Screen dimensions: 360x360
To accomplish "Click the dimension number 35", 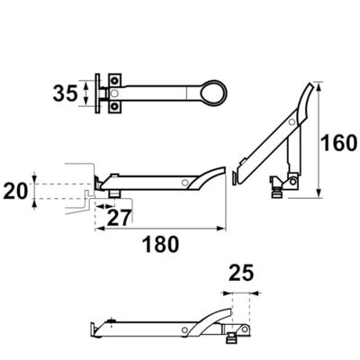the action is tap(65, 94).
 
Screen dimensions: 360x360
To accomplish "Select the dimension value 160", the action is tap(338, 143).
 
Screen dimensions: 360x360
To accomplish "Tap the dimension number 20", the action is tap(15, 191).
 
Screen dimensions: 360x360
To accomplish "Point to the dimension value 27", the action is tap(120, 218).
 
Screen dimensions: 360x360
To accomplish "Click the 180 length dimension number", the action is tap(160, 244).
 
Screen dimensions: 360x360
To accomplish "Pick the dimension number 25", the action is tap(241, 273).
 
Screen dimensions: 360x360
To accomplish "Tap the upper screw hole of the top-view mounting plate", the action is tap(114, 80).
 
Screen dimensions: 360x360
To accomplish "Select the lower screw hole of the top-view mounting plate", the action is tap(114, 106).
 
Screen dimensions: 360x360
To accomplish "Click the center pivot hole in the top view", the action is tap(114, 94).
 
